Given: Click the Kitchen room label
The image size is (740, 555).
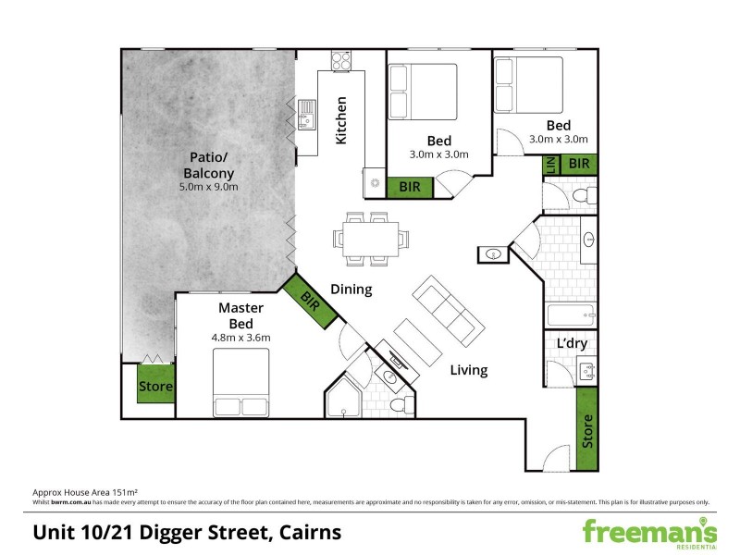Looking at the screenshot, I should click(340, 120).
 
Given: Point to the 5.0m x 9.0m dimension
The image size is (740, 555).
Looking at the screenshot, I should click(208, 187).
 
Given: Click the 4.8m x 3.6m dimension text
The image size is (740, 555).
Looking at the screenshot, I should click(240, 338).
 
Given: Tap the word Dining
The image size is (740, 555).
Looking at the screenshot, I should click(351, 290).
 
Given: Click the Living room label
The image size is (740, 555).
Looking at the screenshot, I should click(469, 370).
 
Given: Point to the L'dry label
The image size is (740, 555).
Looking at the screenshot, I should click(572, 344).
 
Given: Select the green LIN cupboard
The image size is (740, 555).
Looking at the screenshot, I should click(550, 165).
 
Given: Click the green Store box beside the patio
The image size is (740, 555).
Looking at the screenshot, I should click(155, 387).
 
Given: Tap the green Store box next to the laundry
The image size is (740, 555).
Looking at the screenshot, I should click(586, 430).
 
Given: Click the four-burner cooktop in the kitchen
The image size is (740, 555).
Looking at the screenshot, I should click(341, 60).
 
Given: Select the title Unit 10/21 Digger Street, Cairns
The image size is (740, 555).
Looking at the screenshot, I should click(187, 533).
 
